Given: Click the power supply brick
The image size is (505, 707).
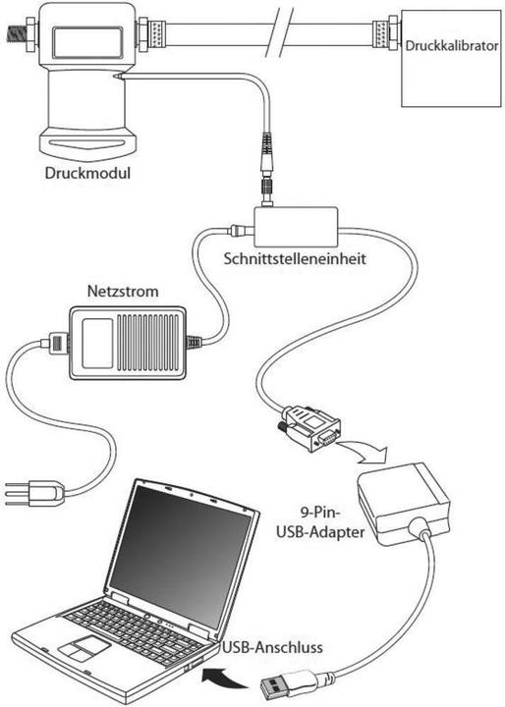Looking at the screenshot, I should coord(126,342).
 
